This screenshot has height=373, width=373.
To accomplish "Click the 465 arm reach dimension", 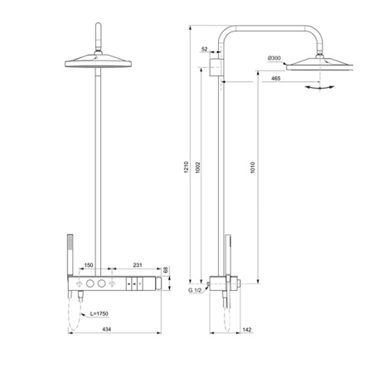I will [274, 79].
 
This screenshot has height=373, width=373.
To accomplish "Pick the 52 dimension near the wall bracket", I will [205, 50].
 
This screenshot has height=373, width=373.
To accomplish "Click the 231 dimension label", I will [138, 265].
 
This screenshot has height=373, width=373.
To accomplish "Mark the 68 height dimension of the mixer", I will [166, 270].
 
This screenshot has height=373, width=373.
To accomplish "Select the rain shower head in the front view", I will [98, 61].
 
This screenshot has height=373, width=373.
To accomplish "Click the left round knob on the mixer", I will [87, 284].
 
